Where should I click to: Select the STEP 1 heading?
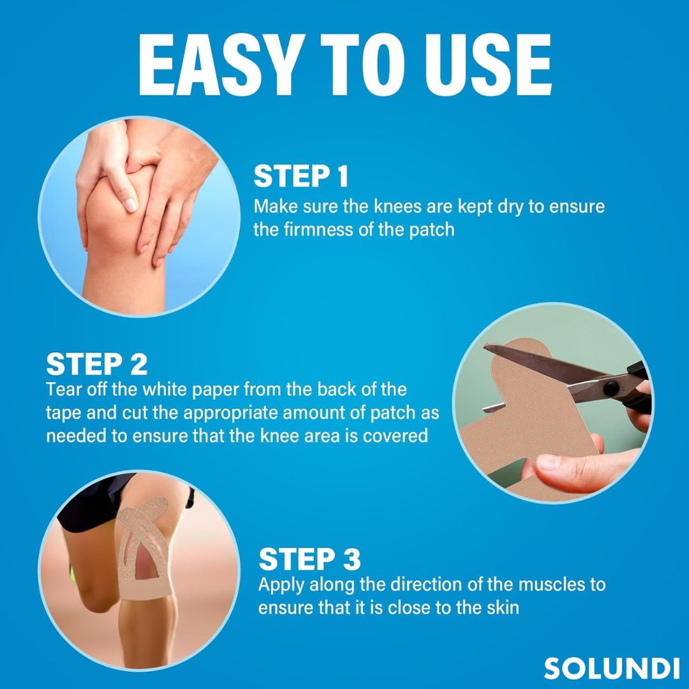coord(301,176)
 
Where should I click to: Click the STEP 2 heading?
coord(97,364)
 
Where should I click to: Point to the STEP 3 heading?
coord(309,559)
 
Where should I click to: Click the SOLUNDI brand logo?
coord(612,669)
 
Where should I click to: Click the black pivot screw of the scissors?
coord(611,388)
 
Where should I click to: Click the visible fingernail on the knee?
coord(131,205)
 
